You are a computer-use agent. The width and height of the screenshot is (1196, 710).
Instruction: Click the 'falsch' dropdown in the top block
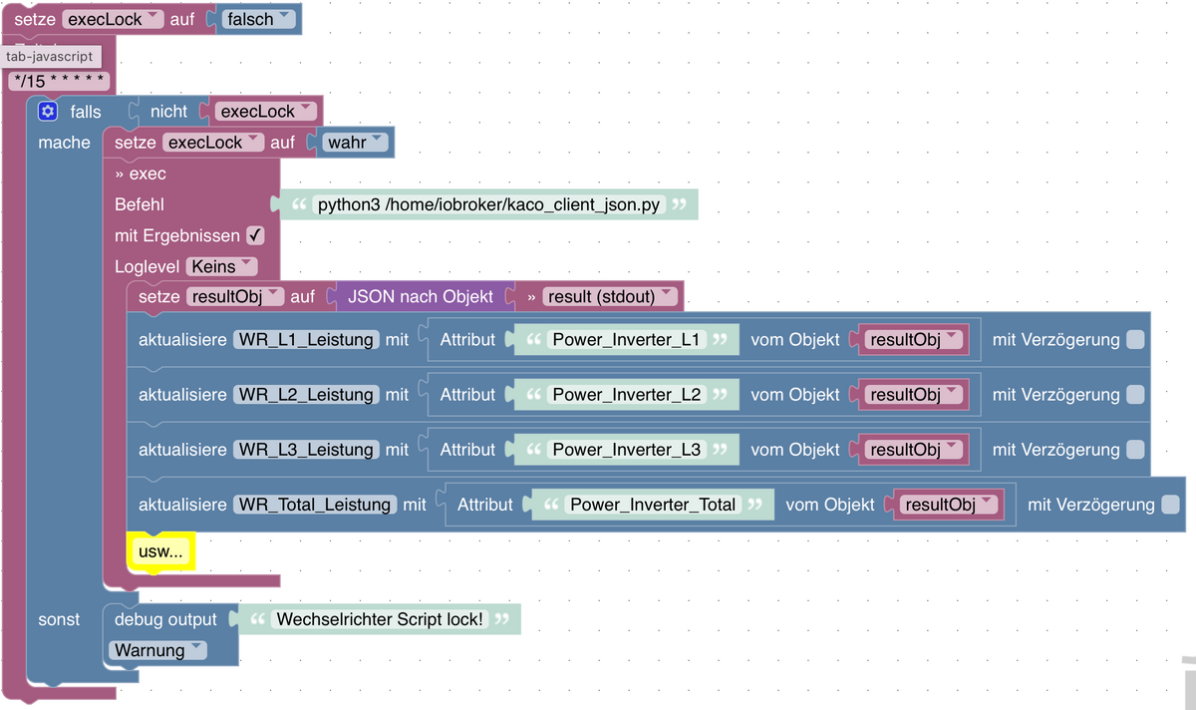point(257,19)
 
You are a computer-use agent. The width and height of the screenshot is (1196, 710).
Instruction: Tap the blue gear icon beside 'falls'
point(48,111)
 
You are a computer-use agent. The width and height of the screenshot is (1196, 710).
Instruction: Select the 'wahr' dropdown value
point(354,142)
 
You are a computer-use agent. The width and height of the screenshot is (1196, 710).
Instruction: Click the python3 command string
point(489,204)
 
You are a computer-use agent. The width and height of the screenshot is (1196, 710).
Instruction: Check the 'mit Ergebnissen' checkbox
point(255,235)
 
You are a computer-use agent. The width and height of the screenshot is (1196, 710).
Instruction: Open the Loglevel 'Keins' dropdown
point(221,266)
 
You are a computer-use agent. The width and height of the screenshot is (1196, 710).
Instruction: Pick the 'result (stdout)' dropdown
point(602,296)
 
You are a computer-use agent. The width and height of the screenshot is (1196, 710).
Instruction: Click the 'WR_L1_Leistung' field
point(306,339)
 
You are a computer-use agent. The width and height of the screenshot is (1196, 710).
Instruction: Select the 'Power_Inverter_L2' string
point(626,394)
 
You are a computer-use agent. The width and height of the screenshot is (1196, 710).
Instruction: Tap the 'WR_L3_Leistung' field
point(306,450)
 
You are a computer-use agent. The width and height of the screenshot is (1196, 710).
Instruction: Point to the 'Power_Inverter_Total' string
point(652,505)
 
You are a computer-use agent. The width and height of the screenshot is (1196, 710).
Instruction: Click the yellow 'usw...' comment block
point(161,551)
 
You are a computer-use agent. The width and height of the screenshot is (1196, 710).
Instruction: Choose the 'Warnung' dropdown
point(156,650)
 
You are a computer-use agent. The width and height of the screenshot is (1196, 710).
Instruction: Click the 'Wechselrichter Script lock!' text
point(379,619)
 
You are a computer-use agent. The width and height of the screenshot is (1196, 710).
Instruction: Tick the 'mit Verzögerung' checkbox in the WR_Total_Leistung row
point(1170,505)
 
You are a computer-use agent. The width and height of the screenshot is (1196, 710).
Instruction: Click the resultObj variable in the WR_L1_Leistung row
point(912,339)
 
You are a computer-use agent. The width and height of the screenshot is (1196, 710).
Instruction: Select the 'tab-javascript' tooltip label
point(50,57)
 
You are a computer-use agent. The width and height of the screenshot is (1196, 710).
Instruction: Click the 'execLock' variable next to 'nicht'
point(263,112)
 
